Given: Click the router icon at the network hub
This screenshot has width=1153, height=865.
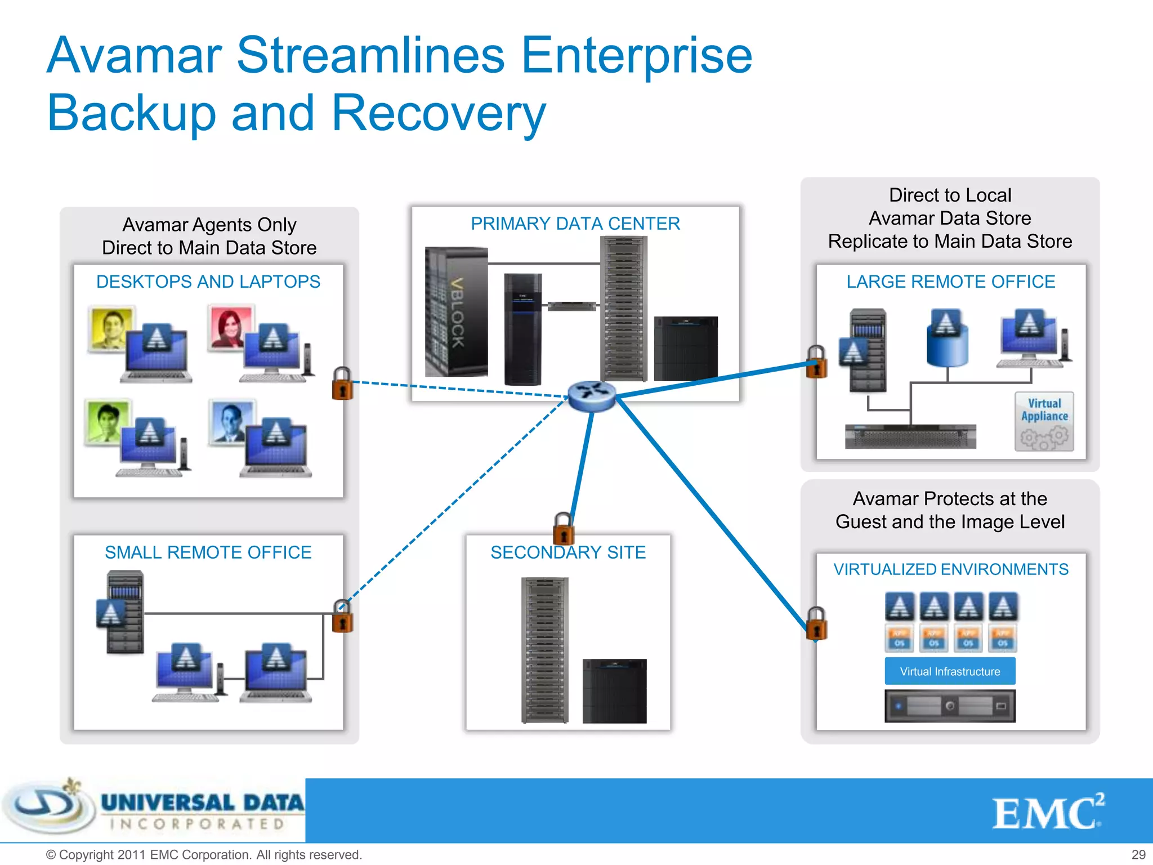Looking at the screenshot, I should [591, 395].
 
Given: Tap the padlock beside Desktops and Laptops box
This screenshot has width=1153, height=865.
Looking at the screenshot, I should [342, 384].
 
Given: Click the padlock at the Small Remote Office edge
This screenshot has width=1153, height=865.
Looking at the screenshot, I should [342, 617].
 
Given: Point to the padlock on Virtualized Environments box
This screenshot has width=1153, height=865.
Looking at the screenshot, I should [816, 624].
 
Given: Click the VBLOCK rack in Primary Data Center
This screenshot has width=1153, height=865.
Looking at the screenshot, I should [457, 311].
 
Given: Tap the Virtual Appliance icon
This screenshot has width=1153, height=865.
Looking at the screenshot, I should [1044, 422].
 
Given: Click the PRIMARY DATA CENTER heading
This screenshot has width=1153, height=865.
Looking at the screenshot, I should [575, 224].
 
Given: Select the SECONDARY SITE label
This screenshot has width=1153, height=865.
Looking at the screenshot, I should [568, 552].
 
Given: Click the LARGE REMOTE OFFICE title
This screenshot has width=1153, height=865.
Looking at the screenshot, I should [950, 282].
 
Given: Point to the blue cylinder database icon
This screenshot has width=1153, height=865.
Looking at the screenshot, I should [947, 338].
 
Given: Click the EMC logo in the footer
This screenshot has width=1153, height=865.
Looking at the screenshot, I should [1047, 813].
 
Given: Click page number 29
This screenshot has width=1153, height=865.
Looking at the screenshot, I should [1138, 854].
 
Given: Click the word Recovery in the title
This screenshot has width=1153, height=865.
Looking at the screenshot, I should [439, 113].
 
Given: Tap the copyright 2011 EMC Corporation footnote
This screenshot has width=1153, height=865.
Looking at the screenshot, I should [204, 855].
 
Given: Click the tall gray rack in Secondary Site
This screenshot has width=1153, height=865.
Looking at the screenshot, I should [544, 650].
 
